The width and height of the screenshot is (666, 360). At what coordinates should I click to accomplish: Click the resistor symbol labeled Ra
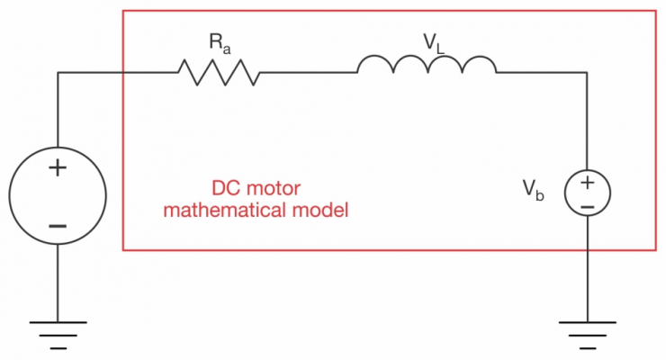[219, 73]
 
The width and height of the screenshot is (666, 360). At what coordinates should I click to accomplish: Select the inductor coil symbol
[427, 64]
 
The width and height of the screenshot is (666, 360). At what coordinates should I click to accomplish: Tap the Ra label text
[220, 44]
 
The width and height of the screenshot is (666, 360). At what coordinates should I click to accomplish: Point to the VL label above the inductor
[434, 43]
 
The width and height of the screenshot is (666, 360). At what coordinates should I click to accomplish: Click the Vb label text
[533, 190]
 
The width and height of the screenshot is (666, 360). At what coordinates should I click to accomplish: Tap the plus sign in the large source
[58, 168]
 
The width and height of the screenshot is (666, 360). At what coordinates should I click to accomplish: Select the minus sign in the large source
[58, 226]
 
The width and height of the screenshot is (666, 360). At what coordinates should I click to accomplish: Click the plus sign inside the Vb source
[588, 183]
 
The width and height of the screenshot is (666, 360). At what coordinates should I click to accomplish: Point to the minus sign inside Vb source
[588, 207]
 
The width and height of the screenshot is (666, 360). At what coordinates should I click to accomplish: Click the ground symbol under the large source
[58, 336]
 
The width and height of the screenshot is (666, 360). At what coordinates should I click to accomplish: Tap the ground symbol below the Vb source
[588, 336]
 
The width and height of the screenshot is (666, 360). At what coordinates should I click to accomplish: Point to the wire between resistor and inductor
[309, 73]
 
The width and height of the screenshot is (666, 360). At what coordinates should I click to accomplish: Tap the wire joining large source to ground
[58, 283]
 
